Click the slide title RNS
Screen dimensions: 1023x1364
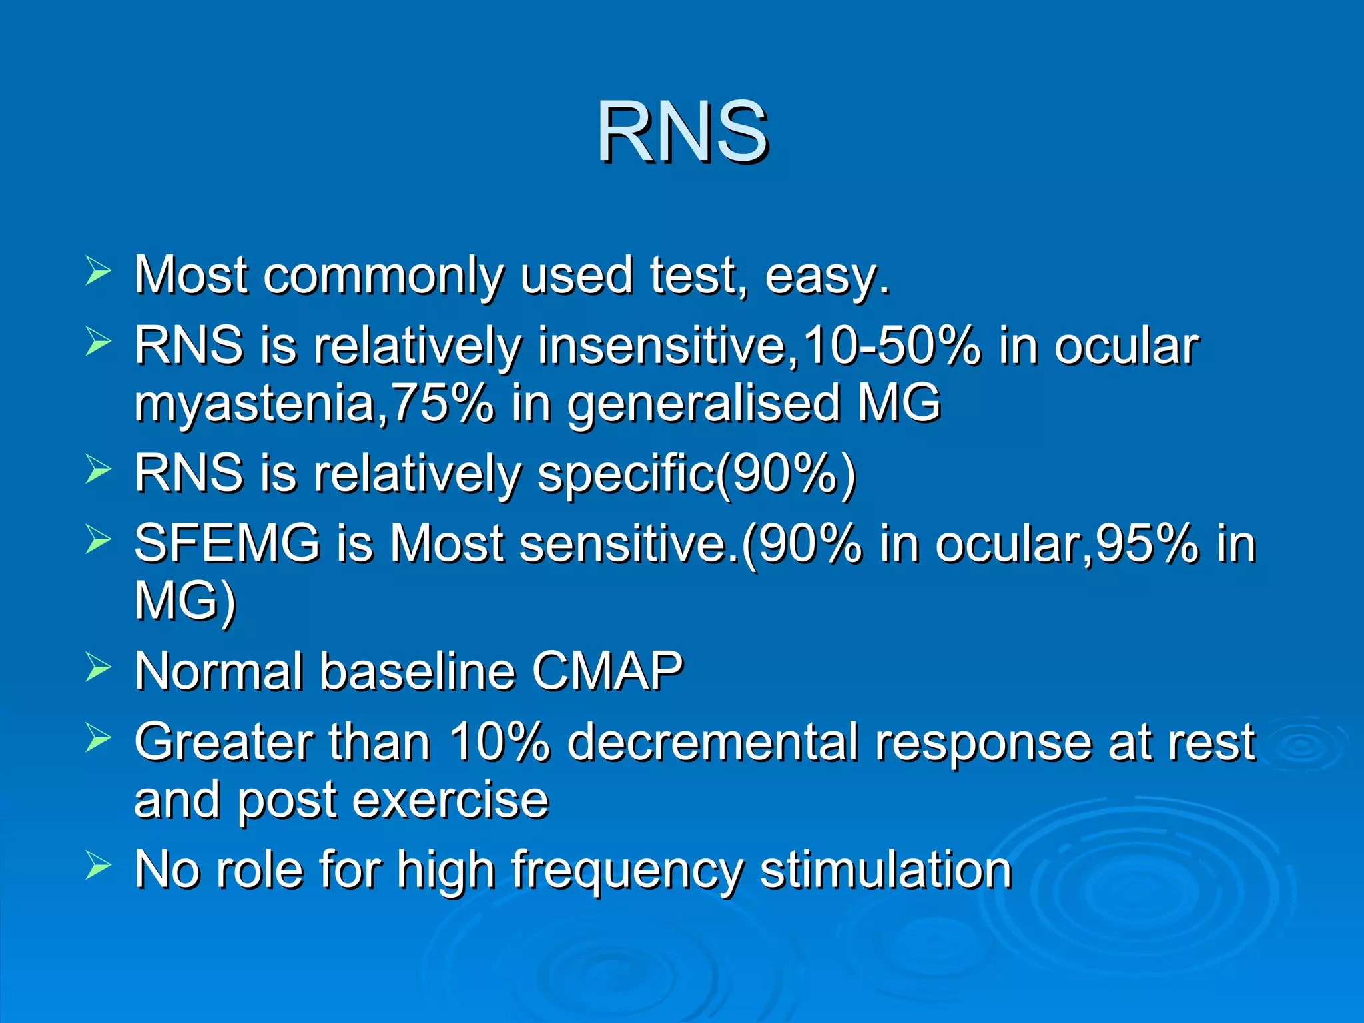click(x=682, y=131)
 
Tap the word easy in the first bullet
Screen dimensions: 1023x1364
click(x=826, y=276)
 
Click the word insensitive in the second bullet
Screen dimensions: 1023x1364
click(x=667, y=346)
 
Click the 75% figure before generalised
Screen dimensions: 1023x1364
click(x=443, y=404)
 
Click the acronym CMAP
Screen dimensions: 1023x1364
click(x=607, y=671)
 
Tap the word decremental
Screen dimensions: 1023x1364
click(x=713, y=742)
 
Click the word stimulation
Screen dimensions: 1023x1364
click(x=885, y=870)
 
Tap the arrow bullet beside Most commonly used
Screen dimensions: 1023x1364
click(x=98, y=273)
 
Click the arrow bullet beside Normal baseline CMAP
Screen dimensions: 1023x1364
click(x=98, y=667)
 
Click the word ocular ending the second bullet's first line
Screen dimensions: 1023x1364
click(x=1126, y=346)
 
